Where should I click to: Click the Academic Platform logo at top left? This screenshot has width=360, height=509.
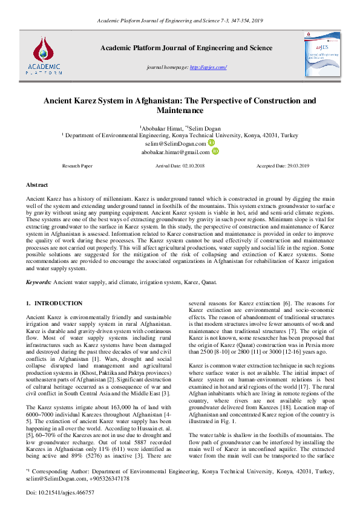pos(43,52)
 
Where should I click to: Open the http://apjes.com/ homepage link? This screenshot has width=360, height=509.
pos(209,66)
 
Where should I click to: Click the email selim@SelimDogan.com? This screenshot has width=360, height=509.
pos(175,144)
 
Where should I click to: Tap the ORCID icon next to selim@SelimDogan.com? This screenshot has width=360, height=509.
pos(211,144)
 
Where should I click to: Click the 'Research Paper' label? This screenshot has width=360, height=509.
pos(77,165)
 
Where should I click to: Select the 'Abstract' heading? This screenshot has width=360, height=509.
pos(37,184)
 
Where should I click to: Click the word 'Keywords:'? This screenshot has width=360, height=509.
pos(39,282)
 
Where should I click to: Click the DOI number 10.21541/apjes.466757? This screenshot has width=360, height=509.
pos(65,492)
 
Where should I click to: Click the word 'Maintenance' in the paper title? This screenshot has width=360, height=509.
pos(180,111)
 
